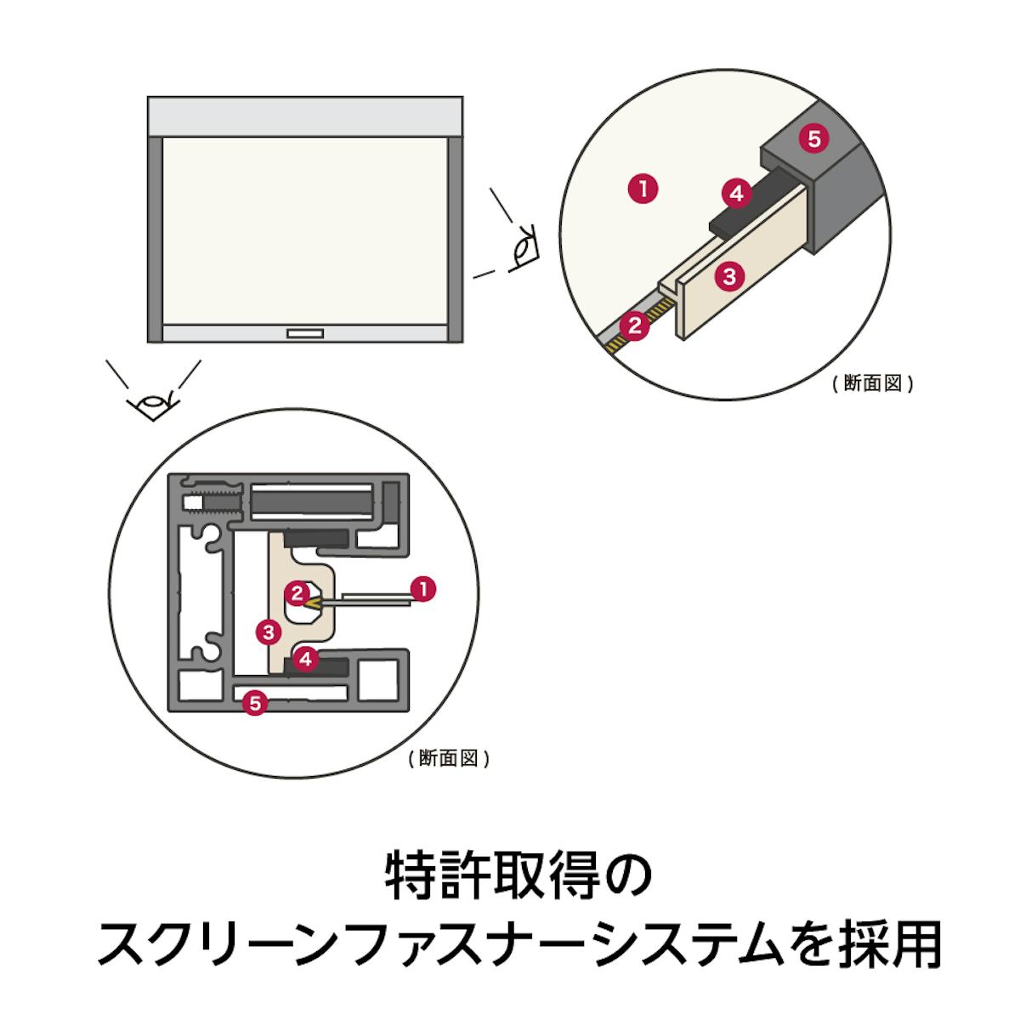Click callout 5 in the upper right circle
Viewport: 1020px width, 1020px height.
coord(814,139)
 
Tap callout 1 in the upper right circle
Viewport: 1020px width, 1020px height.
coord(643,187)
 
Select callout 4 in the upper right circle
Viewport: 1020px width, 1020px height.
coord(736,194)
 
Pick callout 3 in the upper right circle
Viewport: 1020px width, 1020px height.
coord(728,275)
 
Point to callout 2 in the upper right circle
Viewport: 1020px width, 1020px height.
coord(632,325)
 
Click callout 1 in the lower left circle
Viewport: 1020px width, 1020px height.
coord(422,587)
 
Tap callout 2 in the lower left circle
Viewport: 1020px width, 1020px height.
coord(297,592)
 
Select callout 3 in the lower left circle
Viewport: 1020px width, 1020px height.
coord(269,631)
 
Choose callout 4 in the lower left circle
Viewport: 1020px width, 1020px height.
coord(307,657)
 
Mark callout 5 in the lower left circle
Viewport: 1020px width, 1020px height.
coord(253,702)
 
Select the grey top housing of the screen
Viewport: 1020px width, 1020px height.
coord(306,116)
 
